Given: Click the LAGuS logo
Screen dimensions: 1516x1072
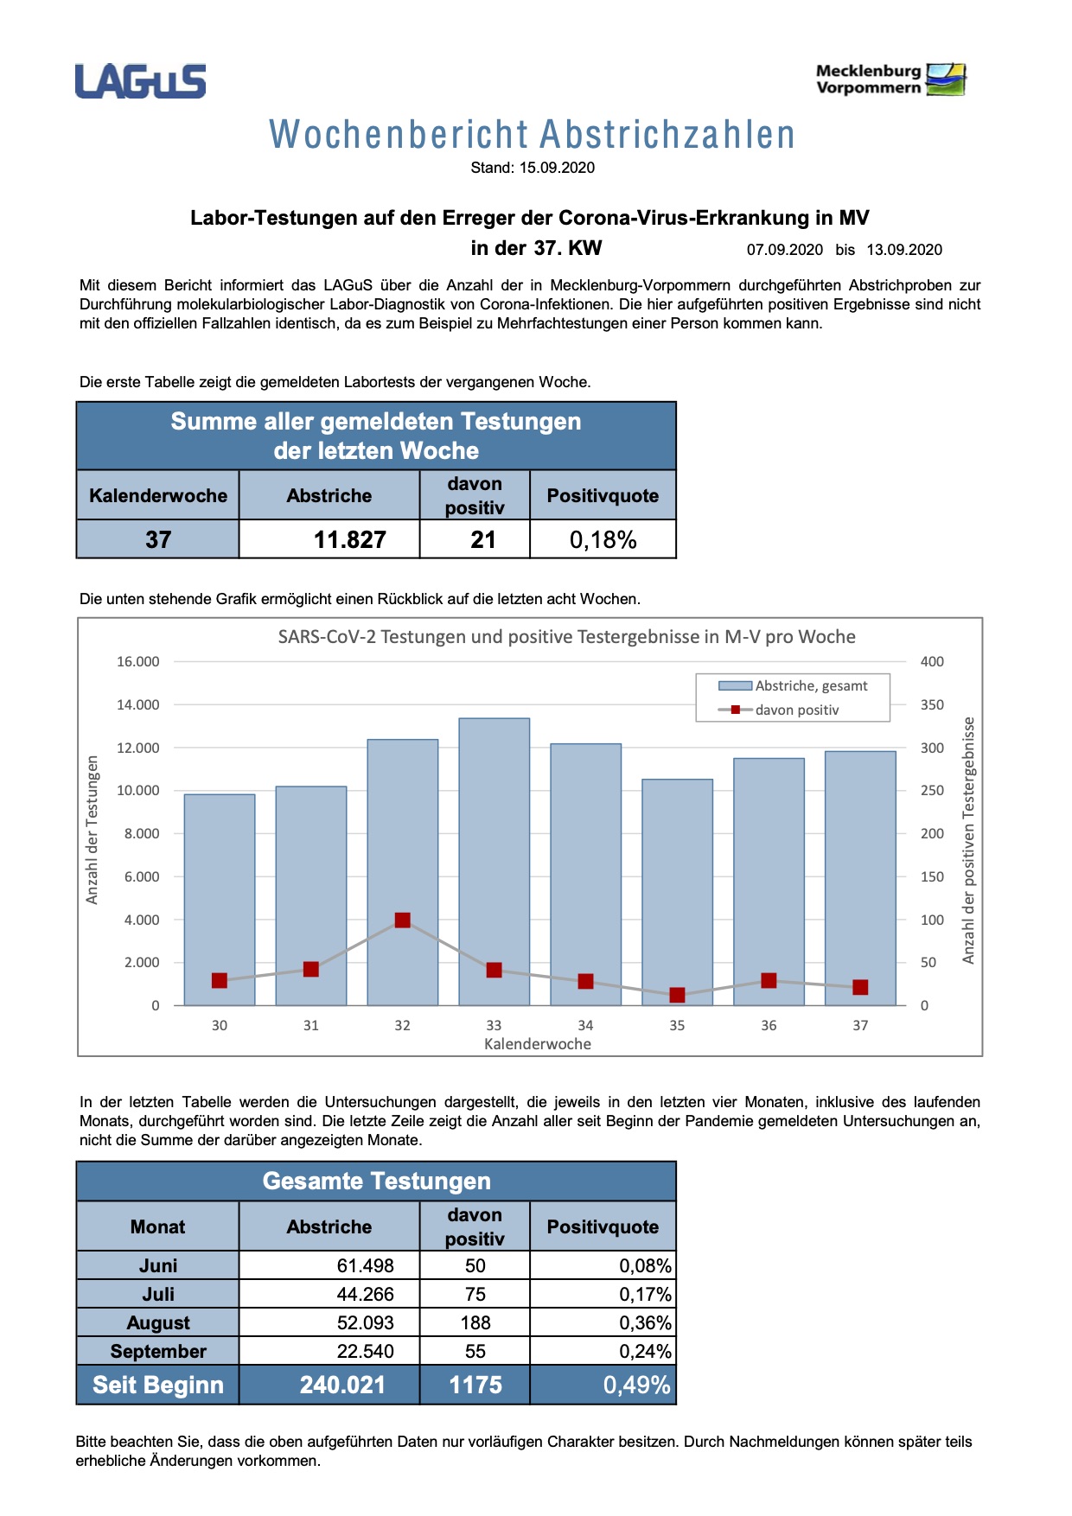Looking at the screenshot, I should tap(140, 81).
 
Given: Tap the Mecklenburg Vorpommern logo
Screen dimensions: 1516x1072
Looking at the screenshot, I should tap(890, 80).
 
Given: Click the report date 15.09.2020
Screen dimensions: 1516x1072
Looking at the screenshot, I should tap(557, 168).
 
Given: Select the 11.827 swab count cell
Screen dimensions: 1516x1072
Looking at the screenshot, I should tap(349, 540).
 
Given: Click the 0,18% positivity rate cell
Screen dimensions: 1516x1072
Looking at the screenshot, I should tap(603, 540).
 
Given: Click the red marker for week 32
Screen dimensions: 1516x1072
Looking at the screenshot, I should tap(402, 920).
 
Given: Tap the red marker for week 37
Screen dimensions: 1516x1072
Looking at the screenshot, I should tap(860, 987).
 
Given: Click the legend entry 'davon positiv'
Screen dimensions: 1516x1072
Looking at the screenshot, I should tap(796, 710).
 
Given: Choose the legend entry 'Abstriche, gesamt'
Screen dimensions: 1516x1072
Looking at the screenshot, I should tap(810, 685).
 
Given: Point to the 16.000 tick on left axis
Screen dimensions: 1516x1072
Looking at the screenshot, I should tap(138, 662).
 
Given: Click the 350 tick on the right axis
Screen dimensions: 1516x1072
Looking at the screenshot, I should tap(932, 705).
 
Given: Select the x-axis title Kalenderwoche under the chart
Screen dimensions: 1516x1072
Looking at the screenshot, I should tap(538, 1044).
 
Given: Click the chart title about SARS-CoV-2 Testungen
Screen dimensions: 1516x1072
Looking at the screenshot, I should tap(566, 637).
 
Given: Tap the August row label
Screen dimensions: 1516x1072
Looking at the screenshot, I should tap(158, 1322).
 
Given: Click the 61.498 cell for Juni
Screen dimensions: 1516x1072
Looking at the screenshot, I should tap(365, 1265).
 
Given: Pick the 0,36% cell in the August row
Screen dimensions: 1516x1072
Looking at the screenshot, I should tap(645, 1322).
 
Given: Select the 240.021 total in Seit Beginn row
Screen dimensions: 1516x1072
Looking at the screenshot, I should tap(342, 1385).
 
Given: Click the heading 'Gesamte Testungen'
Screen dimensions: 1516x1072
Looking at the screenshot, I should tap(376, 1181).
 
